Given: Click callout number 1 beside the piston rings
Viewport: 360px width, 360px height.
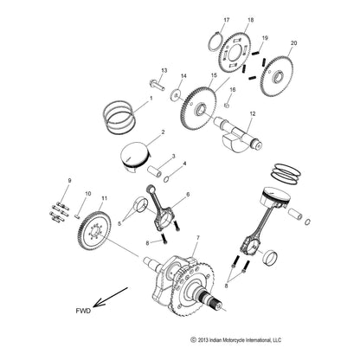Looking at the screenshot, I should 151,99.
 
